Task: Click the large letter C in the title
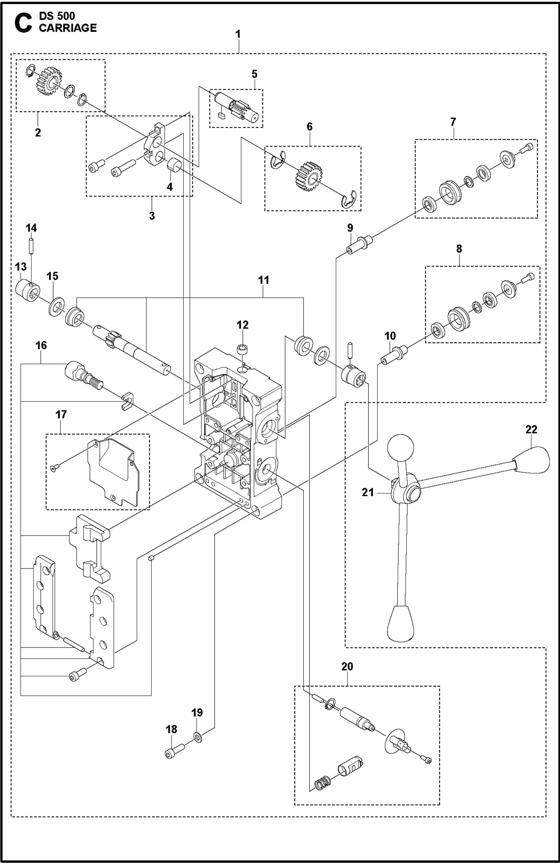click(x=24, y=23)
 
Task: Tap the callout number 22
click(x=531, y=429)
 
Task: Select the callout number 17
click(x=61, y=414)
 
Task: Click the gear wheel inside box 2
click(x=48, y=82)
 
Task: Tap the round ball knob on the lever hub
click(x=400, y=448)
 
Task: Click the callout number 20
click(x=347, y=666)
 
